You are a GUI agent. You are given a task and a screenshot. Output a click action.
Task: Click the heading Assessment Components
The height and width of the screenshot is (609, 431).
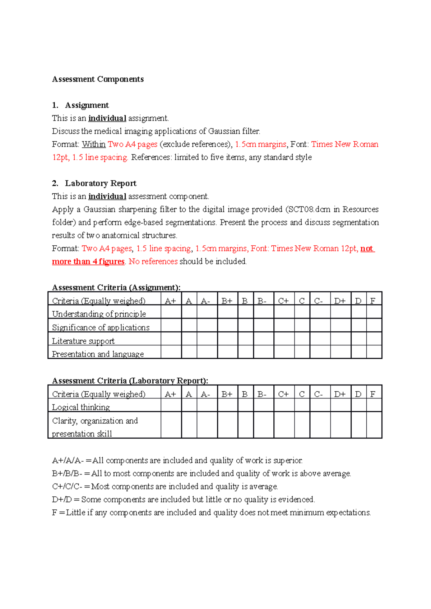click(98, 79)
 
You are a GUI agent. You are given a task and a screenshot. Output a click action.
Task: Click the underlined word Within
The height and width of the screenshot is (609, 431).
click(93, 145)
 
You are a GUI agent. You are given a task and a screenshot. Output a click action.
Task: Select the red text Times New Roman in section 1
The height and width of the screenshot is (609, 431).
click(344, 145)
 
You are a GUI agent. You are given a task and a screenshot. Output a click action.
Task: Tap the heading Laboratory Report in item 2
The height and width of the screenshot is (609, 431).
click(101, 183)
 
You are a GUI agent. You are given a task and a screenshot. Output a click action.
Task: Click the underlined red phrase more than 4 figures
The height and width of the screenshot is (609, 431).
click(88, 261)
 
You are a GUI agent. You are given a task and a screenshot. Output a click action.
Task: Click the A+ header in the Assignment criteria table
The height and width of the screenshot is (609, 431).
click(170, 301)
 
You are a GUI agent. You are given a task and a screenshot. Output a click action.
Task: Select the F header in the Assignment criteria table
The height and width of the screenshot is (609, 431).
click(373, 301)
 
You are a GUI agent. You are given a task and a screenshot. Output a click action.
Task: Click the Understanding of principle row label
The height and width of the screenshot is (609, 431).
click(99, 314)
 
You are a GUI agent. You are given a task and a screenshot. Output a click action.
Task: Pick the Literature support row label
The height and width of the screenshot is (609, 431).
click(83, 341)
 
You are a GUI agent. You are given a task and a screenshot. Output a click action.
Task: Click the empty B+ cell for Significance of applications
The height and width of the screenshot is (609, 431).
click(227, 326)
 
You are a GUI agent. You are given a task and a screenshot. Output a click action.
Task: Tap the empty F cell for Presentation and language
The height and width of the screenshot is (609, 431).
click(374, 352)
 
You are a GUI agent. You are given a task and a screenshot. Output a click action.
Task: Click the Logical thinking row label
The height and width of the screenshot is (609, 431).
click(81, 407)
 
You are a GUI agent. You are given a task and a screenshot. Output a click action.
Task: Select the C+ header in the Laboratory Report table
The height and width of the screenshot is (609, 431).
click(283, 394)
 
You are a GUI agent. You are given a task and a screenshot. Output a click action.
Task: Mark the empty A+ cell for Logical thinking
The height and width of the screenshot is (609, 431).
click(171, 405)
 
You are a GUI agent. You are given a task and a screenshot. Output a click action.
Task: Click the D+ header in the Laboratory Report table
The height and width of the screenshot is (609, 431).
click(340, 394)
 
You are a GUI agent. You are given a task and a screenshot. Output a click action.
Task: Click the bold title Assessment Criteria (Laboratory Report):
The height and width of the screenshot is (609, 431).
click(130, 381)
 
